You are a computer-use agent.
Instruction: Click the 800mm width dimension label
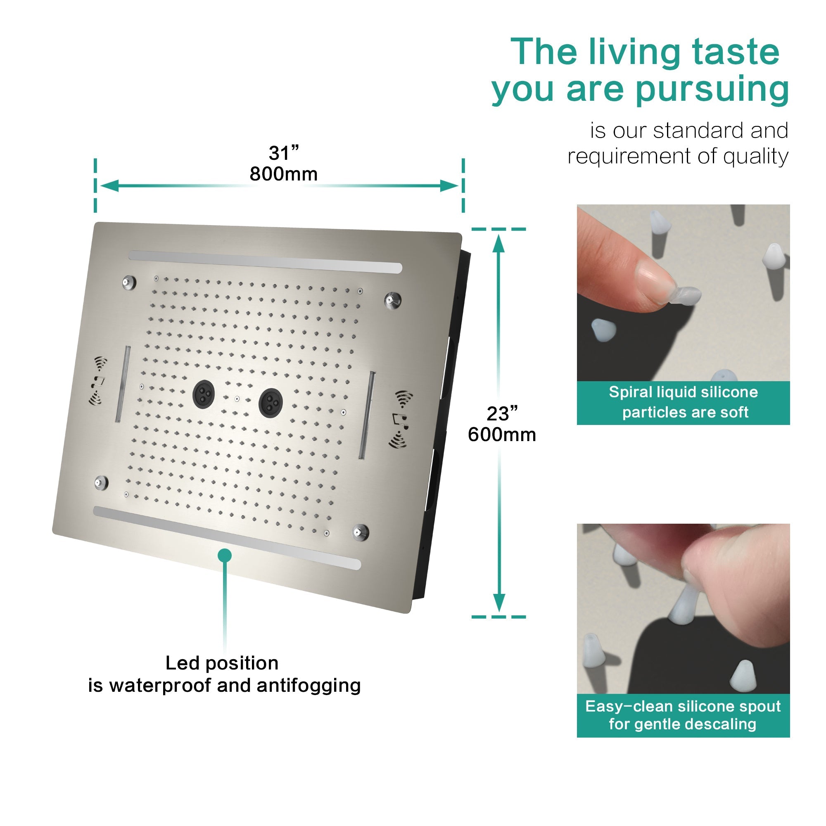click(x=283, y=174)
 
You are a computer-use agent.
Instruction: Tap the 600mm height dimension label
click(x=502, y=435)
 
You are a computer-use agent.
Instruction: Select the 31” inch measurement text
click(x=283, y=153)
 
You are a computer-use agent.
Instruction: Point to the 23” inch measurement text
click(x=502, y=413)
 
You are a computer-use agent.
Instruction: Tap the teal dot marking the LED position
click(x=224, y=555)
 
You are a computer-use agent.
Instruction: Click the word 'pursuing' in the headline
click(x=712, y=90)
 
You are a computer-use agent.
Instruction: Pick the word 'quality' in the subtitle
click(x=755, y=157)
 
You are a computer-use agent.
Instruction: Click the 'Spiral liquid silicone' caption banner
click(x=683, y=402)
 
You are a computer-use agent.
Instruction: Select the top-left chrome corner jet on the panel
click(x=129, y=282)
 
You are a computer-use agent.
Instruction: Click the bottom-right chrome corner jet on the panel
click(x=361, y=532)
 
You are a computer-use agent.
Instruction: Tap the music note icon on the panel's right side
click(x=401, y=420)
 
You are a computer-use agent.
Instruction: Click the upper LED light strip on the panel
click(x=266, y=262)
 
